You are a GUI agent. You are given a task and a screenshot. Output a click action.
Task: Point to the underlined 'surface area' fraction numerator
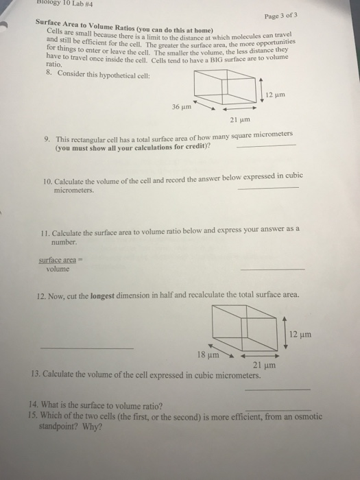[x=56, y=260]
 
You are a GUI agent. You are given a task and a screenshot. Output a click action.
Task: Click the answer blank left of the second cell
[x=87, y=348]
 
